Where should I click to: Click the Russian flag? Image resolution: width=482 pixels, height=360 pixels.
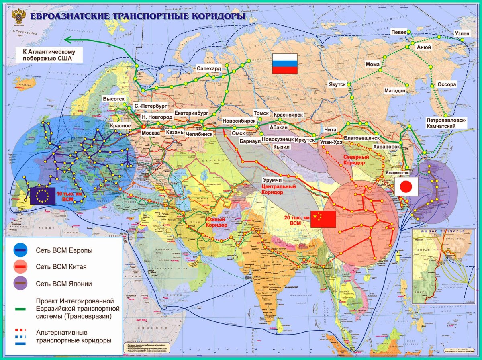(285, 63)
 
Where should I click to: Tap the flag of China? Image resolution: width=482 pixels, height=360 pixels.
(323, 219)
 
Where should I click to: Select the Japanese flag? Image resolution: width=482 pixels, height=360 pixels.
(406, 186)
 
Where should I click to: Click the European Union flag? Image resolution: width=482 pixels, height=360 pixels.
(43, 196)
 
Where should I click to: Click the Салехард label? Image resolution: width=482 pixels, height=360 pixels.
(208, 68)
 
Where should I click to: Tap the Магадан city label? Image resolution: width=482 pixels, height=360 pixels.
(394, 90)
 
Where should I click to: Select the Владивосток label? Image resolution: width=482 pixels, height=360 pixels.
(397, 172)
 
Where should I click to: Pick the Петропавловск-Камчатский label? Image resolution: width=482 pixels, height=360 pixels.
(446, 123)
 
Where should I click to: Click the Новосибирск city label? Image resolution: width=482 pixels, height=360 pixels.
(239, 120)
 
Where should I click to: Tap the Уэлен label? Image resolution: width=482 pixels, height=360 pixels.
(461, 33)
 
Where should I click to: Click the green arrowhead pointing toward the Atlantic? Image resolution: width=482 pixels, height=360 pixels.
(67, 39)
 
